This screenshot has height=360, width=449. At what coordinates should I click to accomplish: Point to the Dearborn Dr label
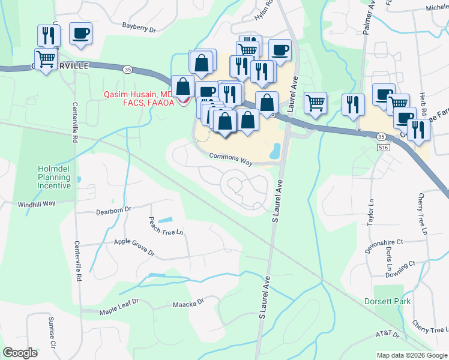point(113,211)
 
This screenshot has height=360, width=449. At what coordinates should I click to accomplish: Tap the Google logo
point(20,353)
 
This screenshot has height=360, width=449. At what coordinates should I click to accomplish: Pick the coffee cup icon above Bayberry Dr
point(80,34)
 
